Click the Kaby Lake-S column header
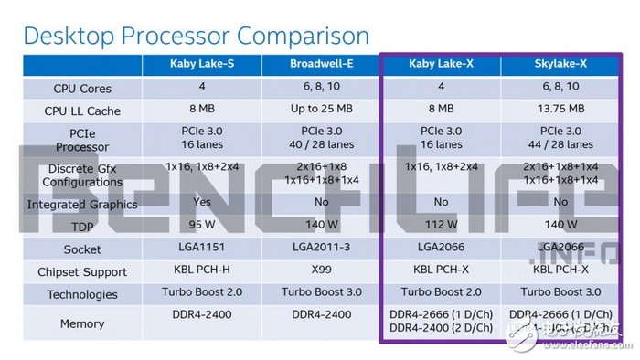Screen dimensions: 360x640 point(200,64)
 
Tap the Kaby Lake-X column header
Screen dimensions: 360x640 point(441,64)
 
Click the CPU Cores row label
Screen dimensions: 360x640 point(83,88)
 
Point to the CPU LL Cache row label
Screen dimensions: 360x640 point(83,111)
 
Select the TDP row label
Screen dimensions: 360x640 point(83,225)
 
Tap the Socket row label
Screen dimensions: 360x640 point(83,249)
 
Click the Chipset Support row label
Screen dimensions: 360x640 point(83,271)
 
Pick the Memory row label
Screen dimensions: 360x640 point(83,323)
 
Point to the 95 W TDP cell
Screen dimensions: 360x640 point(200,225)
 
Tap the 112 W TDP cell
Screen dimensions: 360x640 point(441,225)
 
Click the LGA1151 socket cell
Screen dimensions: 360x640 point(200,249)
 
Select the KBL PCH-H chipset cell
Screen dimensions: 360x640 point(200,271)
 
